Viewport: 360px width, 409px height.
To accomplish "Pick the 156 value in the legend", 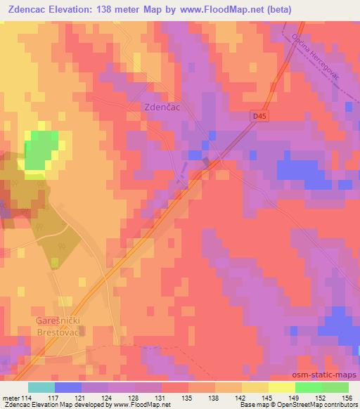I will click(347, 397).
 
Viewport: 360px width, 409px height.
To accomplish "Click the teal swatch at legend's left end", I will click(41, 387).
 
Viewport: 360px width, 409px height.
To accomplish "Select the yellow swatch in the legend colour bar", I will click(281, 387).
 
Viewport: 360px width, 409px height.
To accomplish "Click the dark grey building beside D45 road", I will click(207, 162).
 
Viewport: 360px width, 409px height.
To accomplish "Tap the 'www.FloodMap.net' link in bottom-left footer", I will click(145, 405).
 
